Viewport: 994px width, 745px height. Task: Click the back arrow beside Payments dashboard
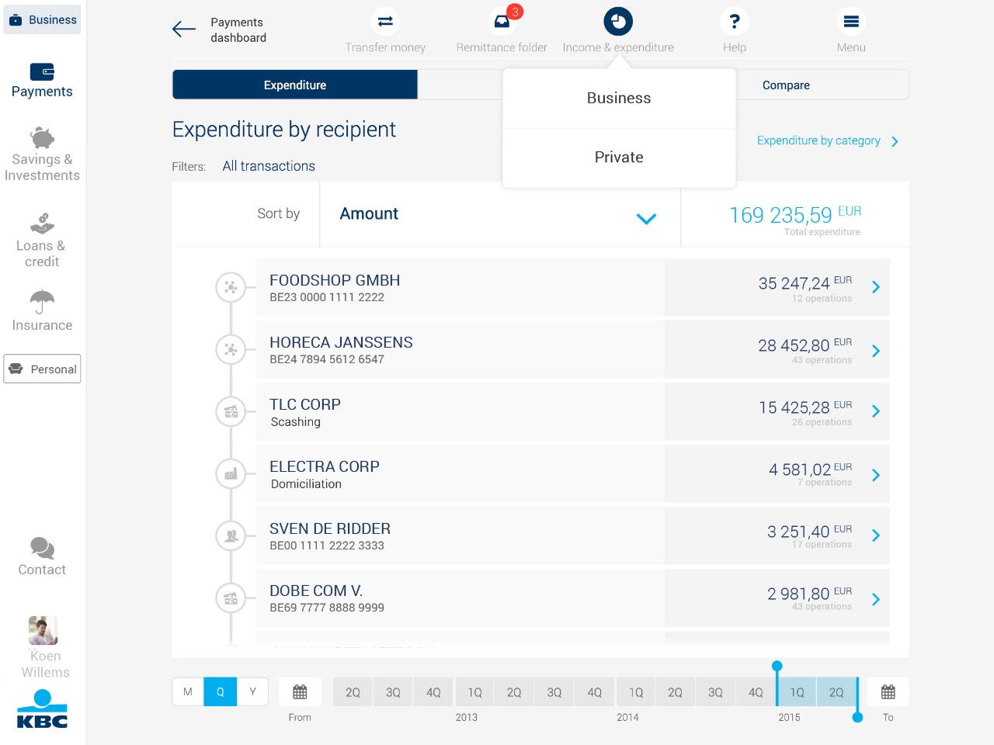[x=184, y=29]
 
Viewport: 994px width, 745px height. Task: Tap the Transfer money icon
[x=385, y=22]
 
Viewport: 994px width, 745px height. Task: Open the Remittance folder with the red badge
[x=502, y=22]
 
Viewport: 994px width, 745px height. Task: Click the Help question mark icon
[x=734, y=22]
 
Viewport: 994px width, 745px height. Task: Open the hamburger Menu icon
[x=851, y=22]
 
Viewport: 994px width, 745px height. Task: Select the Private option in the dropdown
[x=619, y=158]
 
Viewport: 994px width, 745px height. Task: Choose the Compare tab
[x=786, y=85]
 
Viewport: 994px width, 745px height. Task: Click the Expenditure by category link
[x=818, y=140]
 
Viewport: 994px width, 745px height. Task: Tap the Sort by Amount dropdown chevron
[x=646, y=218]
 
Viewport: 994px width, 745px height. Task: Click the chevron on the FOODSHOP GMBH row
[x=876, y=287]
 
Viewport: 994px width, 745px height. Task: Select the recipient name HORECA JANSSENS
[x=341, y=342]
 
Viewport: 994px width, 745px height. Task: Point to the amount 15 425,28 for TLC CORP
[x=794, y=407]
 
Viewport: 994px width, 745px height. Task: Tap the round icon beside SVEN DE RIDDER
[x=231, y=535]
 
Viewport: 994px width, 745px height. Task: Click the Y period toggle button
[x=252, y=691]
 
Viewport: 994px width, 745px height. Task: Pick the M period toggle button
[x=188, y=691]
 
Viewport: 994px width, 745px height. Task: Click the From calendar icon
[x=300, y=691]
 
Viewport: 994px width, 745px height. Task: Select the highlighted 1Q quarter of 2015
[x=797, y=692]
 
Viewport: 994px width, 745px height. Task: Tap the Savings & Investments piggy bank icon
[x=42, y=138]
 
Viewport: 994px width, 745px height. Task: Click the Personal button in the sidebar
[x=43, y=369]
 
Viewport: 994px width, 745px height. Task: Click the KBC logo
[x=42, y=709]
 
